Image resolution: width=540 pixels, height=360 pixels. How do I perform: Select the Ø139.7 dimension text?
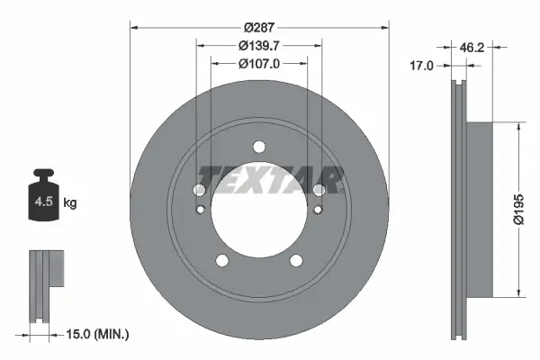point(259,46)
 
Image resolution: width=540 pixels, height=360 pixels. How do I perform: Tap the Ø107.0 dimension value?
point(259,64)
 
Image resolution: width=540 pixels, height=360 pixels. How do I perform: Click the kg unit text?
point(70,204)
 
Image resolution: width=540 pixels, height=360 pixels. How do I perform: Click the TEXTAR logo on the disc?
point(270,179)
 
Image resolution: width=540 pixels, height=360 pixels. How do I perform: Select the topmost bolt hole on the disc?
point(259,147)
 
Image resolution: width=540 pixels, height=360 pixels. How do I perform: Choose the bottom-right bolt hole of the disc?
point(296,261)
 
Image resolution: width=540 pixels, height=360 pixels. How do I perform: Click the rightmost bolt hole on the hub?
point(319,189)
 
